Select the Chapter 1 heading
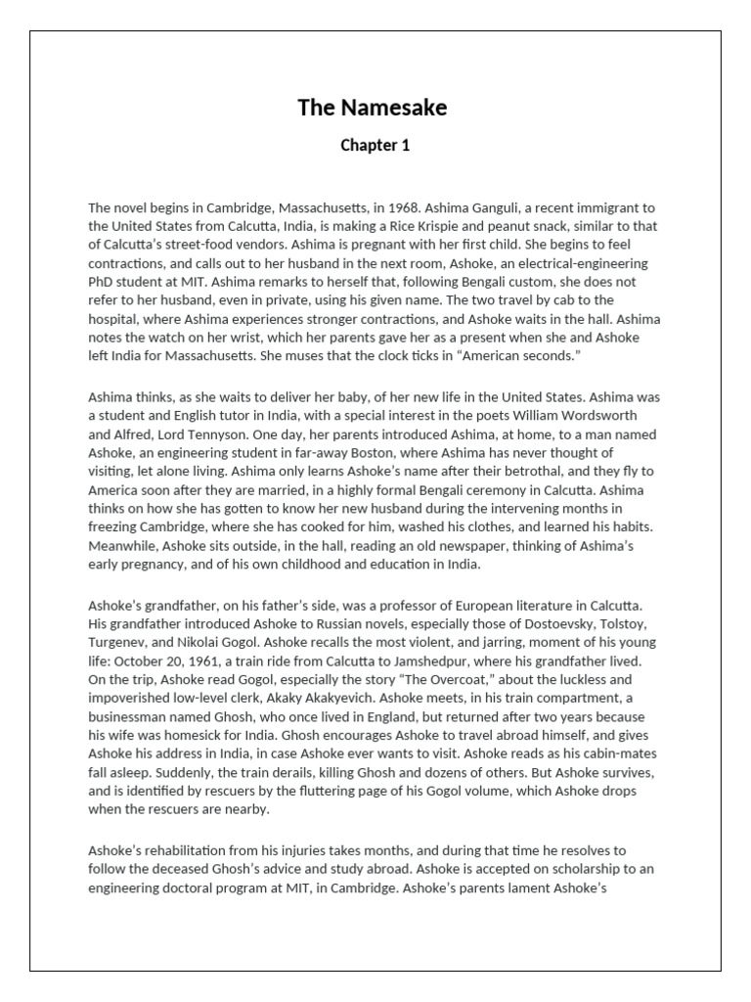point(375,146)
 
